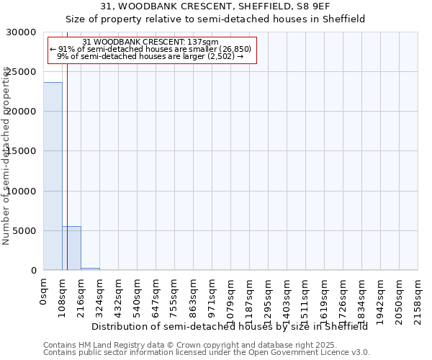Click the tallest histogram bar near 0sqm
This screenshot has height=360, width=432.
click(53, 176)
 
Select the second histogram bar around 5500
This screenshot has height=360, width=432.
click(71, 248)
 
